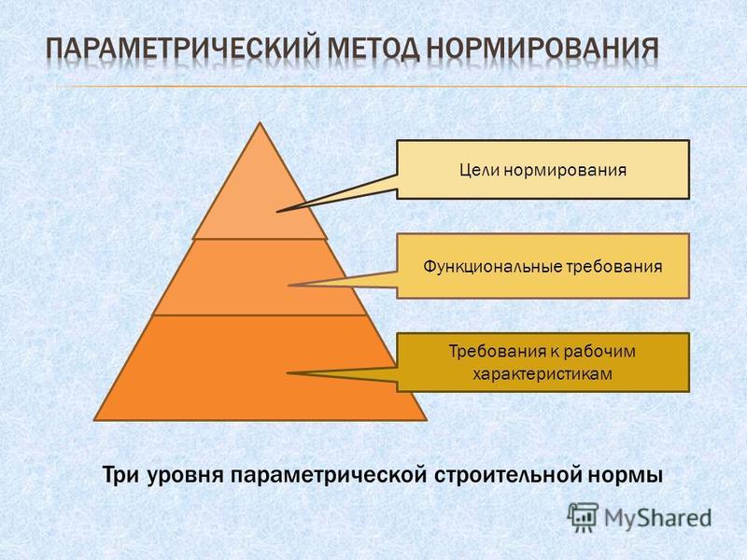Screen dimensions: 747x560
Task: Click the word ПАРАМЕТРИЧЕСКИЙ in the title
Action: [x=183, y=49]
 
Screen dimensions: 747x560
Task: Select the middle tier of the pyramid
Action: [x=260, y=277]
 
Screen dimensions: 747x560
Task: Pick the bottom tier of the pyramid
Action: [x=260, y=368]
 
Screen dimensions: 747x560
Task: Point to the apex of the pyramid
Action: [x=260, y=122]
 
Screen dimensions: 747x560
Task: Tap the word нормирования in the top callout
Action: [x=565, y=171]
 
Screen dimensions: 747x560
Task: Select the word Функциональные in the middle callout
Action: [x=493, y=266]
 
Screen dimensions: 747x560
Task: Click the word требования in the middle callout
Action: [x=614, y=266]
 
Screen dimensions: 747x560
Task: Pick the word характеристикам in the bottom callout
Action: [x=543, y=374]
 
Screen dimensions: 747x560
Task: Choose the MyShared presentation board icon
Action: [x=583, y=517]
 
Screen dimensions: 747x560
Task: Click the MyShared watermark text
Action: [x=657, y=517]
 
